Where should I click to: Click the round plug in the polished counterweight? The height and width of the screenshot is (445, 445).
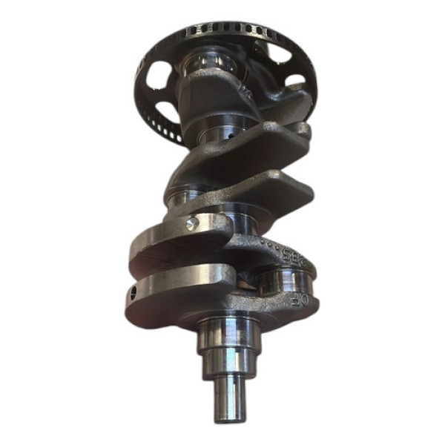192,224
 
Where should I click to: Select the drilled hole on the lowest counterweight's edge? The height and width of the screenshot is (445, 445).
134,293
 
